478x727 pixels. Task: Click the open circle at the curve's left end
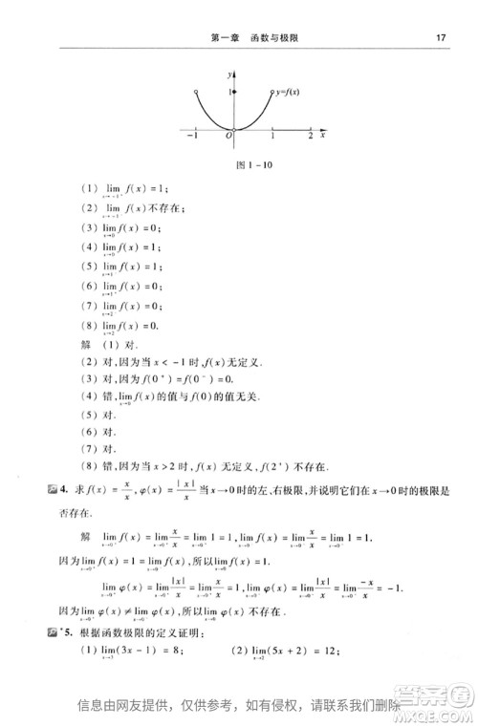pos(195,92)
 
